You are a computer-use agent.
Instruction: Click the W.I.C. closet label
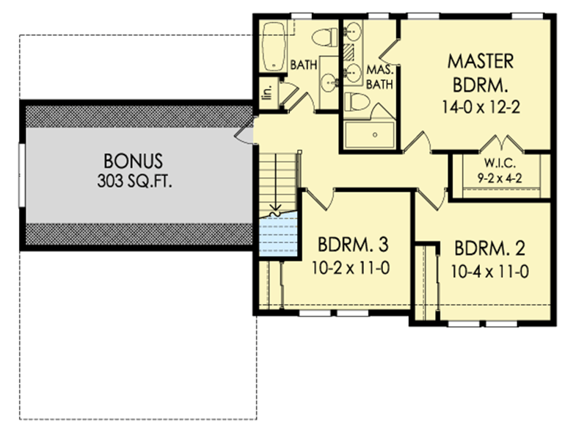click(x=496, y=162)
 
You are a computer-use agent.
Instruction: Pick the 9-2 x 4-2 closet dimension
click(x=496, y=176)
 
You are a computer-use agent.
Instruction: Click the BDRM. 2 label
click(x=489, y=246)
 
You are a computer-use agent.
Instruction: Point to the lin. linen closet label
click(x=268, y=92)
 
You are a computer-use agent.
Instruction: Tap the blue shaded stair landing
click(x=279, y=233)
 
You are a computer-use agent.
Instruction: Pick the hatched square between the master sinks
click(x=350, y=52)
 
